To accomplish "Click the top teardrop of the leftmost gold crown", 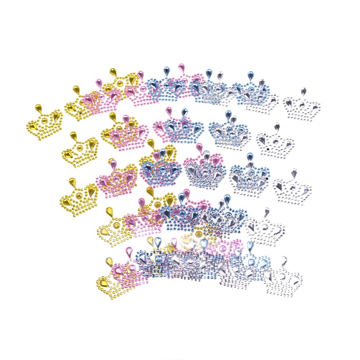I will [x=39, y=108].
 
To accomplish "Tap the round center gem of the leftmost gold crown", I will [x=44, y=121].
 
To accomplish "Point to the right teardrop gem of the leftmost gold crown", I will [x=56, y=117].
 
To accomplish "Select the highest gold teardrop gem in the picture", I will [x=112, y=72].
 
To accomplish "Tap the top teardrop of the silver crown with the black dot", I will [x=277, y=126].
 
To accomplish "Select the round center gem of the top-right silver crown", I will [x=302, y=105].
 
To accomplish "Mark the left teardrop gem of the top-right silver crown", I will [x=289, y=103].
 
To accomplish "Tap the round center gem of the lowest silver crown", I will [x=282, y=276].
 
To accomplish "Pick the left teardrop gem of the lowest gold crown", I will [x=104, y=282].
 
